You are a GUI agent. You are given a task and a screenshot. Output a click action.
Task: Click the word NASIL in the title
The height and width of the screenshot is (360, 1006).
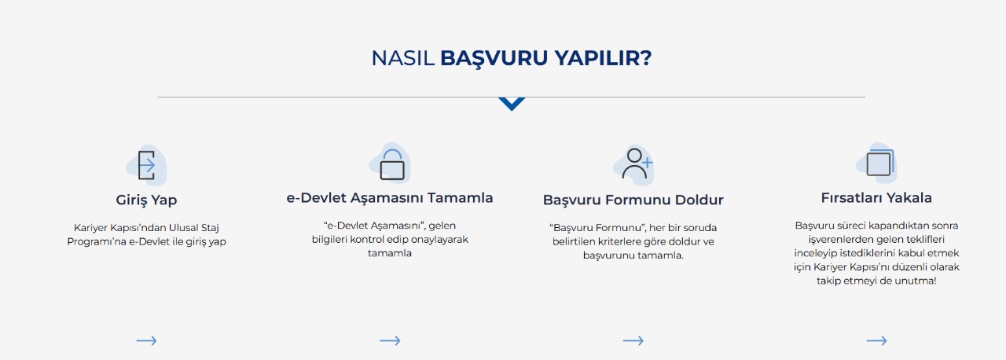(402, 58)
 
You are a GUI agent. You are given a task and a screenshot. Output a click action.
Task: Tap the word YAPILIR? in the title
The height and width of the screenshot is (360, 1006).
(603, 58)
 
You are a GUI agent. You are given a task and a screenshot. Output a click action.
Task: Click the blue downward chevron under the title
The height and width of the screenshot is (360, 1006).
(511, 104)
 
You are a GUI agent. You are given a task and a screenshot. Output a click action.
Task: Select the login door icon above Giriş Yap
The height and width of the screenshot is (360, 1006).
(146, 165)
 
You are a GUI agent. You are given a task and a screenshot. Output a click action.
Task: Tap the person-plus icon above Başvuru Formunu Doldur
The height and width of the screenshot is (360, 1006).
(635, 163)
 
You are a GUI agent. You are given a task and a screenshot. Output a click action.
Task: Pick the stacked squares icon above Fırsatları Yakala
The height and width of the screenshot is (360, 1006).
(878, 163)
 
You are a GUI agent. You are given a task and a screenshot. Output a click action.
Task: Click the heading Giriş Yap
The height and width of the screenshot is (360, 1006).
(146, 200)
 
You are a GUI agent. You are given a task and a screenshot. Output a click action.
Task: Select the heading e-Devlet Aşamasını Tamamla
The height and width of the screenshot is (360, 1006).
(390, 198)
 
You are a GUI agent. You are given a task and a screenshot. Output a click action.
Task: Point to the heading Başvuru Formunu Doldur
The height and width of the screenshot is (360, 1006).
(633, 200)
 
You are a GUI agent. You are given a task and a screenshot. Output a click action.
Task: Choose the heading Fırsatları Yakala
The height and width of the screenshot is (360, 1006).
(876, 198)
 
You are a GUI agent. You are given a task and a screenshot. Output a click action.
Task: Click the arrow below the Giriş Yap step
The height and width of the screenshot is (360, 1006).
(146, 340)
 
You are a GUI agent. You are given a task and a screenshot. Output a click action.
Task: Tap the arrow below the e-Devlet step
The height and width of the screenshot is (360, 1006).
(390, 340)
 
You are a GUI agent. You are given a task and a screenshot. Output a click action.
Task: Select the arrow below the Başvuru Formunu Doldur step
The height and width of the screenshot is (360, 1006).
(633, 340)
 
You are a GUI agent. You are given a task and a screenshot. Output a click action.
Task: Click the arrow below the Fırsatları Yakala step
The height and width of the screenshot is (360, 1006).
(876, 340)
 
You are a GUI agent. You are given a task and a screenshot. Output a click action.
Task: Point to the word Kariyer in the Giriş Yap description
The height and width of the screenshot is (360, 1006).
(90, 228)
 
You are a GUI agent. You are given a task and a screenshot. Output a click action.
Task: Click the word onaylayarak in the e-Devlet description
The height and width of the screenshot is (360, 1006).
(442, 240)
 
